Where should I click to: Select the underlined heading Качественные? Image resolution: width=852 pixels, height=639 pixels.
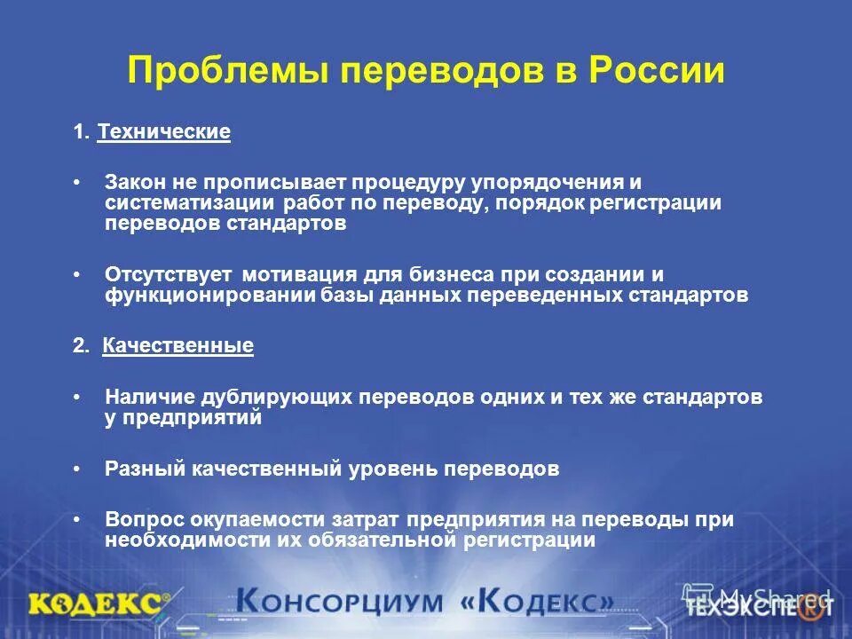click(177, 346)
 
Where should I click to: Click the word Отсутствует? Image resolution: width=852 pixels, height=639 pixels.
click(168, 274)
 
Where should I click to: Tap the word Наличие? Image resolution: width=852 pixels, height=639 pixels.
click(144, 397)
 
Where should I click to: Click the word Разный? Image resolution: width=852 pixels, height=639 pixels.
click(137, 469)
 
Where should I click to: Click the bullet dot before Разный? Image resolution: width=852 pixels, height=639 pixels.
click(77, 469)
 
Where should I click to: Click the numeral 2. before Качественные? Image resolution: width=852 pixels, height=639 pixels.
click(81, 346)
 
